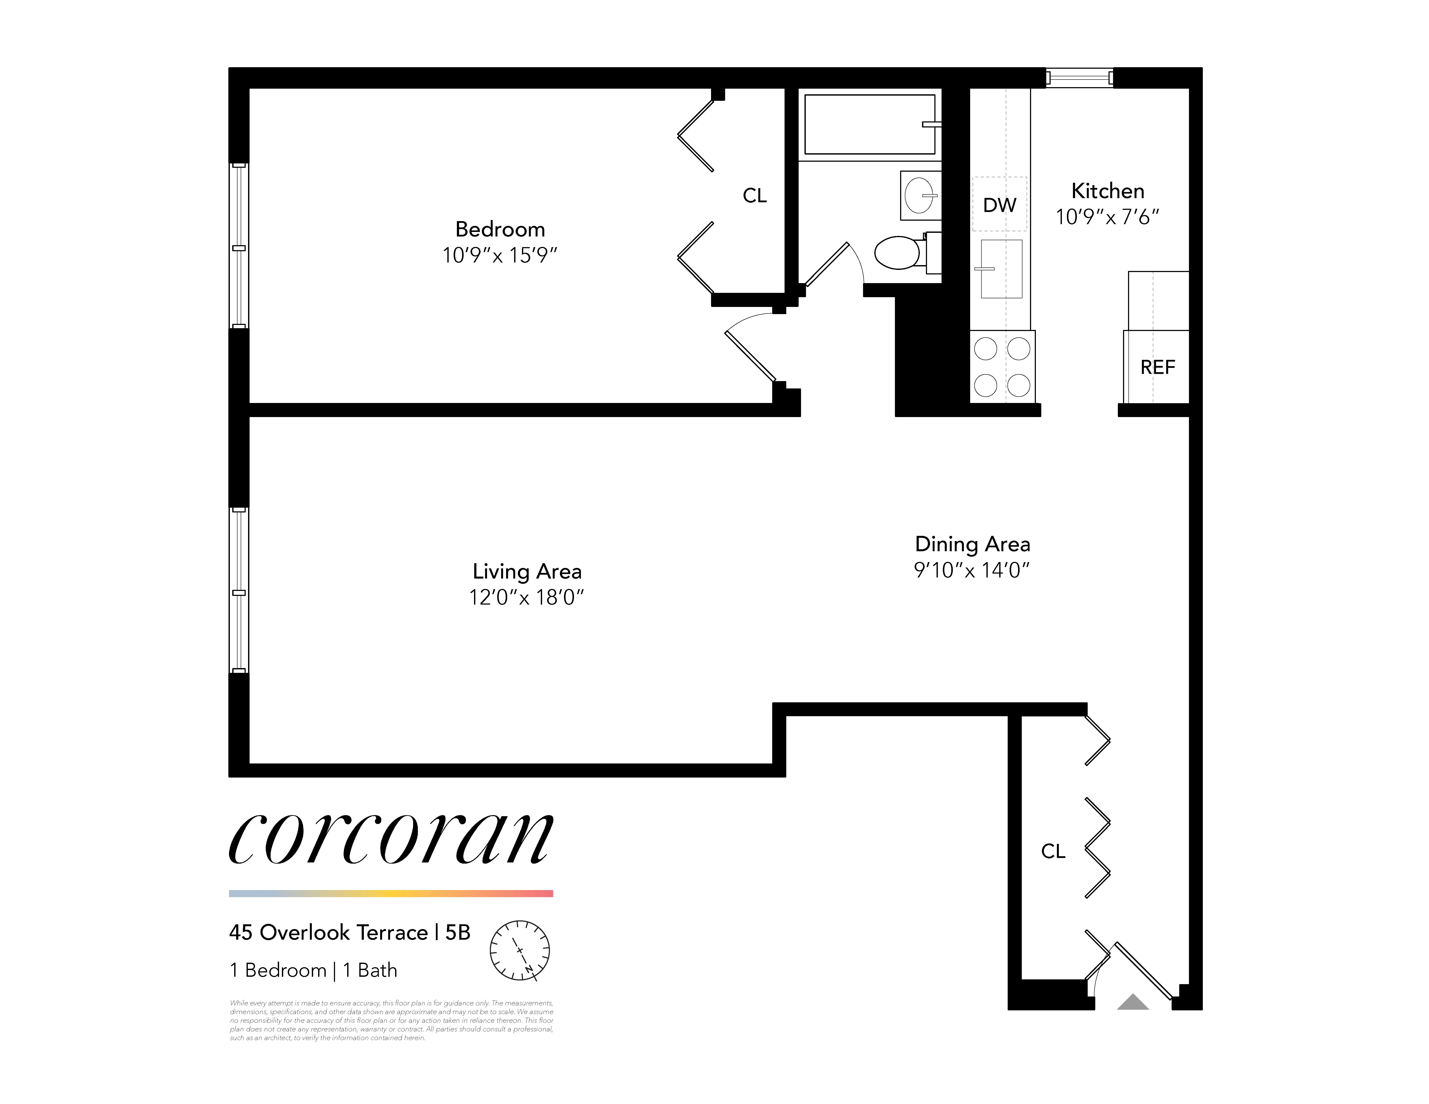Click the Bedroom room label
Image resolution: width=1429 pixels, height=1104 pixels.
500,230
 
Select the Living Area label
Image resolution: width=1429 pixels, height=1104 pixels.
527,572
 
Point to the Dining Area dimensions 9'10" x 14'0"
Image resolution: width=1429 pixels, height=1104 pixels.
972,570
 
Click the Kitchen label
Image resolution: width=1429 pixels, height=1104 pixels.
1108,191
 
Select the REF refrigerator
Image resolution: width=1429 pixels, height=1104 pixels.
1157,367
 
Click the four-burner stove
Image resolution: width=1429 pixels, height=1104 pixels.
1002,367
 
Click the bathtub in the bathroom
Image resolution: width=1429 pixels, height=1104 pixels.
870,124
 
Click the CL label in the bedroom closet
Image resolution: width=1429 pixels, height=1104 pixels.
754,196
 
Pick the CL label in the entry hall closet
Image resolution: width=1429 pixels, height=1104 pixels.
1053,851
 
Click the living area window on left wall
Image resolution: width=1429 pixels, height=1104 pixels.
239,591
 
